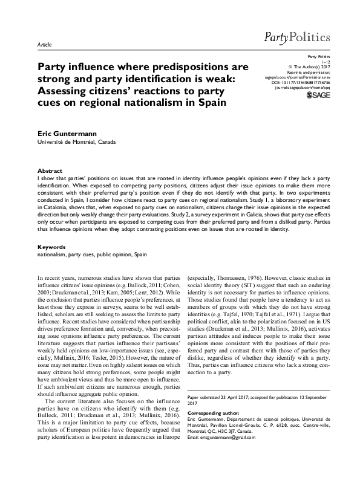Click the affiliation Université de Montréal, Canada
point(76,141)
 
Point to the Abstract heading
point(50,171)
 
